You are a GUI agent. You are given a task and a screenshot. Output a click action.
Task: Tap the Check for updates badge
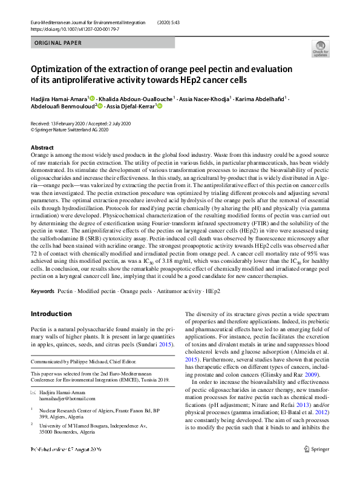click(320, 48)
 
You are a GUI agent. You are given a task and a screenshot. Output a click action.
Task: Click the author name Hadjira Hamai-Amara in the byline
click(59, 98)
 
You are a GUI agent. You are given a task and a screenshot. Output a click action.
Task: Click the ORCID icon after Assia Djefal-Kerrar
click(160, 106)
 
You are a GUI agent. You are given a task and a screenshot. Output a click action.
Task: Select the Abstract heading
click(42, 148)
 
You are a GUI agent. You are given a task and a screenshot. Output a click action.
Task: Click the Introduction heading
click(51, 314)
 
